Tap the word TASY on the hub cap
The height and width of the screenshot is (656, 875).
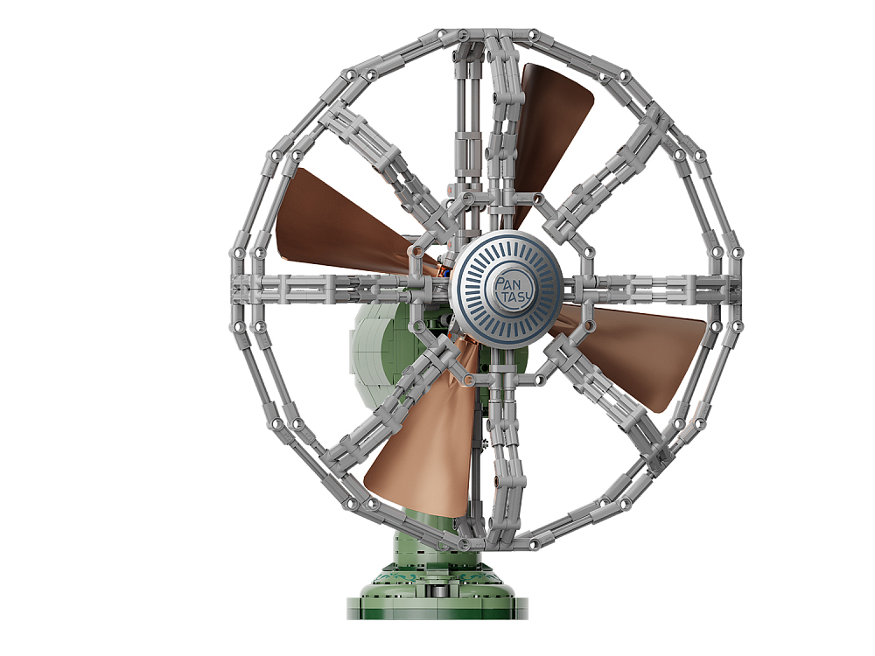pos(518,295)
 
